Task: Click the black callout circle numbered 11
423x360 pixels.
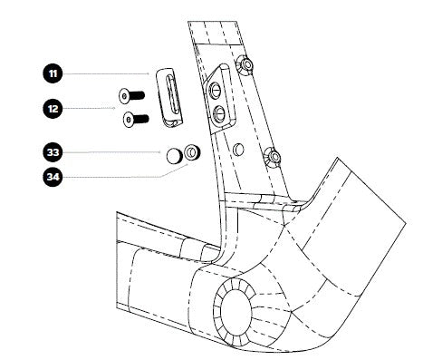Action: pyautogui.click(x=53, y=73)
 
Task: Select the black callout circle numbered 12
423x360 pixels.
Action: pyautogui.click(x=53, y=109)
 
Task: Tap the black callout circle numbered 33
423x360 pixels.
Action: pyautogui.click(x=53, y=152)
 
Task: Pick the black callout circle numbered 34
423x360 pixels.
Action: pyautogui.click(x=53, y=177)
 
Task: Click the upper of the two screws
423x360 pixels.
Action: pyautogui.click(x=131, y=96)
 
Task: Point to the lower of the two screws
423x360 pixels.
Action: pyautogui.click(x=136, y=120)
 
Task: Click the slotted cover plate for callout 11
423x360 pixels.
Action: pyautogui.click(x=169, y=97)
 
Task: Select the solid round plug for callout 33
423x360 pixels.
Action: pyautogui.click(x=174, y=156)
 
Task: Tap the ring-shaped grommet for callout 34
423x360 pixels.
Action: pyautogui.click(x=192, y=152)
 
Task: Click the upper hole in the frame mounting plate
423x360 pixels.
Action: pyautogui.click(x=216, y=90)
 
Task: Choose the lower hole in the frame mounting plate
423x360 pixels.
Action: pyautogui.click(x=219, y=114)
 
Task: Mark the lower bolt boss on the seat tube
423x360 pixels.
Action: pyautogui.click(x=273, y=157)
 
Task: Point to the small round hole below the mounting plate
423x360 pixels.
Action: pyautogui.click(x=238, y=150)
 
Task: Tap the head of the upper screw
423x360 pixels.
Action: pyautogui.click(x=124, y=97)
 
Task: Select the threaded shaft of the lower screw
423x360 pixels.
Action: pyautogui.click(x=141, y=119)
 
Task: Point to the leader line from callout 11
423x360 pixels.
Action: pyautogui.click(x=106, y=73)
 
